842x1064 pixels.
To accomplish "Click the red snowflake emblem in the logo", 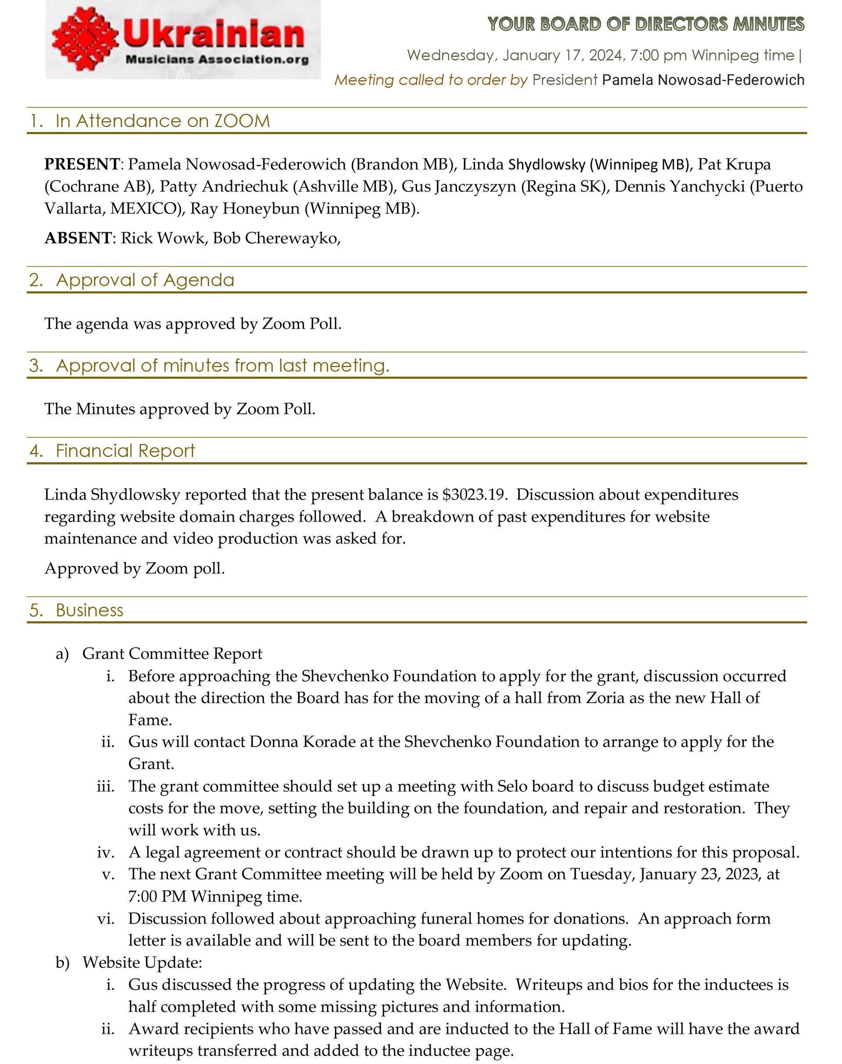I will point(85,41).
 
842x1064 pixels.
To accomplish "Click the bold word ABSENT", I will point(78,238).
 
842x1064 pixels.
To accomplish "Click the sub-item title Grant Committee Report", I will point(172,654).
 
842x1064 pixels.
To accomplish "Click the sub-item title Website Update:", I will point(143,962).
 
